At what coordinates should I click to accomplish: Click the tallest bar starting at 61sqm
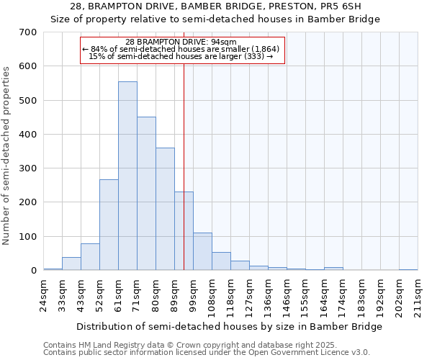[x=127, y=176]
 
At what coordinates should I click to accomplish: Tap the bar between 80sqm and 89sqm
[x=165, y=209]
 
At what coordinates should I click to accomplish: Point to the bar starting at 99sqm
[x=202, y=251]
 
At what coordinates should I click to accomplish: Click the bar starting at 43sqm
[x=90, y=257]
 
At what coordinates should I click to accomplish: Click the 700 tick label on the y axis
[x=28, y=32]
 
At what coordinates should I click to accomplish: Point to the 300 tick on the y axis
[x=28, y=168]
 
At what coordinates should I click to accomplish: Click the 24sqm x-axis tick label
[x=43, y=294]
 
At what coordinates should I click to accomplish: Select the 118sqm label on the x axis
[x=230, y=294]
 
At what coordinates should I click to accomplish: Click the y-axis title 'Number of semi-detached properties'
[x=6, y=155]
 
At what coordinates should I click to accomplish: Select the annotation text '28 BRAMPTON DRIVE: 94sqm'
[x=186, y=42]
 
